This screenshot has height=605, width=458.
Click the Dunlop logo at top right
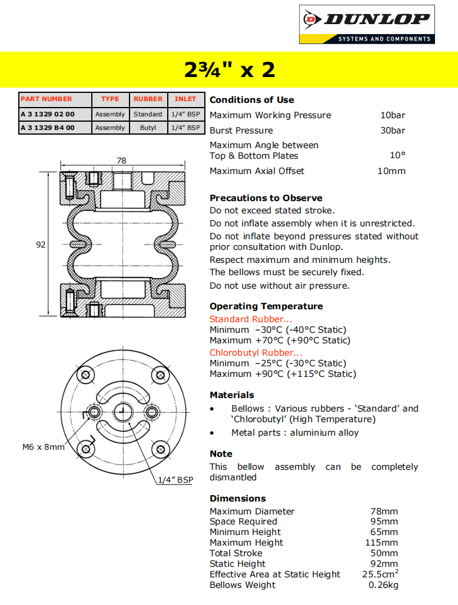point(367,24)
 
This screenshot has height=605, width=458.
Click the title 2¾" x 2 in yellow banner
point(229,70)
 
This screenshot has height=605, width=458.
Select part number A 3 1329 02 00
point(48,114)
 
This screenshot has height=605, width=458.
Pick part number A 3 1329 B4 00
point(48,128)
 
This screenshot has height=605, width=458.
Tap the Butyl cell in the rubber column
point(148,128)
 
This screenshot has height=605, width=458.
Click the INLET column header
point(185,99)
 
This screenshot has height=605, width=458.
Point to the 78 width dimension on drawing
point(121,161)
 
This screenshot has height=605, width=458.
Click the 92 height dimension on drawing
point(41,245)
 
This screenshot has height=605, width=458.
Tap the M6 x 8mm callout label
point(44,447)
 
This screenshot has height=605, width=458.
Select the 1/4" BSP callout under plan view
point(175,480)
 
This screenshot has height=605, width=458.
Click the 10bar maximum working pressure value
point(393,115)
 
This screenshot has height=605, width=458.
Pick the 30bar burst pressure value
point(393,131)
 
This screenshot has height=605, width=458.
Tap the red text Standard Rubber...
point(251,319)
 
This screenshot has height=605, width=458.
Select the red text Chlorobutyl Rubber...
point(256,353)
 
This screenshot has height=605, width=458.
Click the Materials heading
point(232,395)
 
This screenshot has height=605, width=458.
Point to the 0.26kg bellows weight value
point(383,585)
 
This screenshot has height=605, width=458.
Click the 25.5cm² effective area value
point(380,574)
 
